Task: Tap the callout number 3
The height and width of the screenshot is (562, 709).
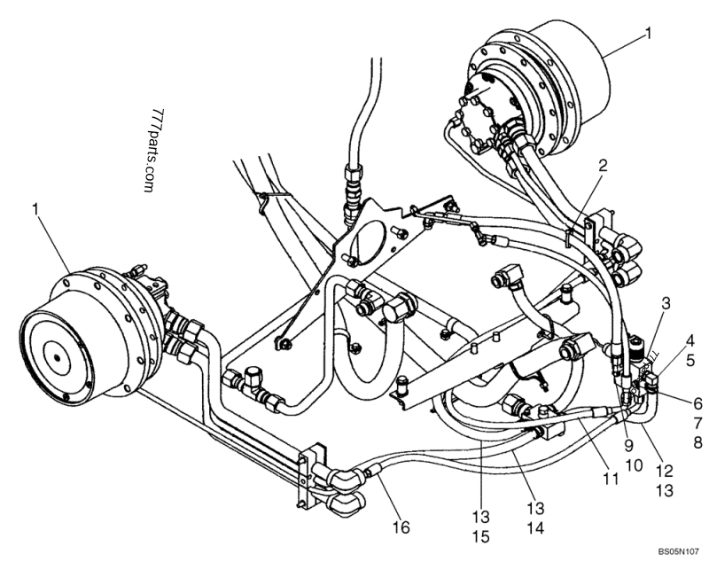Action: pos(664,305)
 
